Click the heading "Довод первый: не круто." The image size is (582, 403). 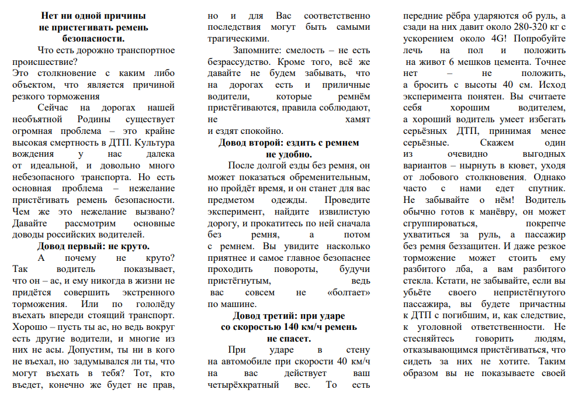click(x=93, y=246)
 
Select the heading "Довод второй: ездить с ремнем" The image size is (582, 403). click(x=289, y=143)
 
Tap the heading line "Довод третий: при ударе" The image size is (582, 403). click(x=289, y=316)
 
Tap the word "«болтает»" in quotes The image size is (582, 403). click(x=349, y=292)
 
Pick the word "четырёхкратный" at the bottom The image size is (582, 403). click(x=245, y=385)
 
